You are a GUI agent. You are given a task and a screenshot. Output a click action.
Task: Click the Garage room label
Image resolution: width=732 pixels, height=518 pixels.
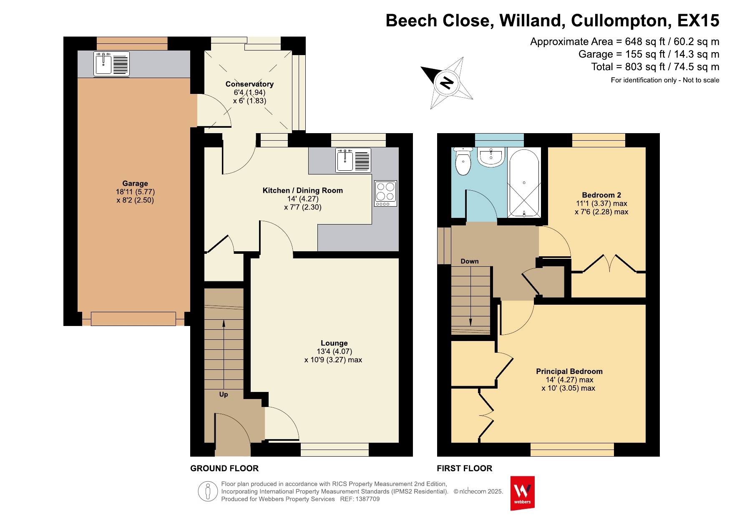[135, 183]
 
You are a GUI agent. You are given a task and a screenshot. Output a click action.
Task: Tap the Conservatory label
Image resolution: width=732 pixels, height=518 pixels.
[249, 84]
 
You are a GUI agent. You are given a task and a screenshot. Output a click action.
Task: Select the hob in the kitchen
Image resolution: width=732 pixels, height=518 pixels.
[385, 193]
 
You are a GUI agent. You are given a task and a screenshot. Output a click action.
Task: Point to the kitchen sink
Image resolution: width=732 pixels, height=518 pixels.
[353, 160]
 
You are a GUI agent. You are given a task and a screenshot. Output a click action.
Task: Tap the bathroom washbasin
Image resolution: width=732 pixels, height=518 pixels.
[491, 157]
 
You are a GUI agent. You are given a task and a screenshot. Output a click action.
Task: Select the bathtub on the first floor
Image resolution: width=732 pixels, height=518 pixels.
[524, 182]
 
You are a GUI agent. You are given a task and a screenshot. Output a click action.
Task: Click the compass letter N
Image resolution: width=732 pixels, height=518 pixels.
[447, 83]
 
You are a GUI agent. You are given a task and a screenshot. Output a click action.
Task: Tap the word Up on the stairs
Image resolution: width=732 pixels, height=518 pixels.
[224, 394]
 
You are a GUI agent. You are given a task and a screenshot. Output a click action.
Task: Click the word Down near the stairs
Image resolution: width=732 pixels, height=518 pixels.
[470, 261]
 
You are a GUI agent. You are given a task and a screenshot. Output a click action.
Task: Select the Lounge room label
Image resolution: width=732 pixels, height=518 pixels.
[334, 343]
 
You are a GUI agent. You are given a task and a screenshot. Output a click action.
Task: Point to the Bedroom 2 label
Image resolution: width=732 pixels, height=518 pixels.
[601, 195]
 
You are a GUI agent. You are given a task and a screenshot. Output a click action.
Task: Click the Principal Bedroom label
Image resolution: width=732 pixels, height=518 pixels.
[569, 371]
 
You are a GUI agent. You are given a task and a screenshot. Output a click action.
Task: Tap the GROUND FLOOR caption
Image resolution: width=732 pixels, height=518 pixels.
[224, 468]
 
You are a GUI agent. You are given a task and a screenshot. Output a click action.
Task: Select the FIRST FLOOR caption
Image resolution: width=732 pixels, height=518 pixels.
[465, 468]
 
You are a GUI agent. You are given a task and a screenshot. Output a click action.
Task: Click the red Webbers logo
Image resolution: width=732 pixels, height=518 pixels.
[522, 493]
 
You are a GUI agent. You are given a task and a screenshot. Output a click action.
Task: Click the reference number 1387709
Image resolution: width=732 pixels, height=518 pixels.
[367, 499]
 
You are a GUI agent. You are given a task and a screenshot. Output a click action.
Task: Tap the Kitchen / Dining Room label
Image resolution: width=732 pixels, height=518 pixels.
[303, 190]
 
